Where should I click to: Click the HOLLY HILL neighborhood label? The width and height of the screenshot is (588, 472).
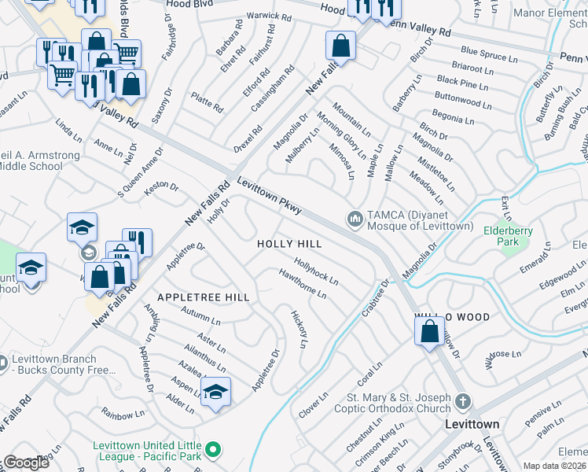[x=289, y=245]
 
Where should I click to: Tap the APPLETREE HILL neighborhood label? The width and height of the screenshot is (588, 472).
[x=204, y=297]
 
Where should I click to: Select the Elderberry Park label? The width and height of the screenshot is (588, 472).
[x=503, y=236]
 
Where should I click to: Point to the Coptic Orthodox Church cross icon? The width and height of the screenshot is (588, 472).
[x=463, y=402]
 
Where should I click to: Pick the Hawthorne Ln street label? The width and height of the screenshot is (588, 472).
[x=303, y=283]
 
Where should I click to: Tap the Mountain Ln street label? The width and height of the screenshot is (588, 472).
[x=351, y=118]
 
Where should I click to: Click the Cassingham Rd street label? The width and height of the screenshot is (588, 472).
[x=272, y=88]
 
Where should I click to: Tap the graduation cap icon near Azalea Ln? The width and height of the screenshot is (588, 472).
[x=214, y=390]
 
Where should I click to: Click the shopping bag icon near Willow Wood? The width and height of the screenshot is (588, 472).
[x=430, y=332]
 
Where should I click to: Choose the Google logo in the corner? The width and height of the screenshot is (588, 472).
[x=25, y=463]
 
